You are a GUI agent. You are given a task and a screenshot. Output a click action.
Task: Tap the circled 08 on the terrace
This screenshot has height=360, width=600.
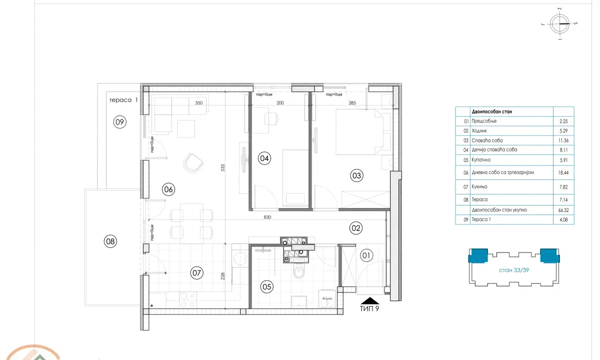pos(110,241)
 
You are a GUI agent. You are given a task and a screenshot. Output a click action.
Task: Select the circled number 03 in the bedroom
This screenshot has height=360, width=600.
pos(356,175)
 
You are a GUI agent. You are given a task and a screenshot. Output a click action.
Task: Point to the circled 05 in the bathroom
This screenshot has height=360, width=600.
pos(266,286)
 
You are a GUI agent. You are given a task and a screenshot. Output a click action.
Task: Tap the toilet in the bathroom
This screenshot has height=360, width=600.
pos(299,272)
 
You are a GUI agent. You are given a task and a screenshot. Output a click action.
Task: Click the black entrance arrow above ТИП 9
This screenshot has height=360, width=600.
pos(370,300)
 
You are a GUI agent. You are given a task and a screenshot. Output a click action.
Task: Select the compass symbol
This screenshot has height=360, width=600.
pos(560,23)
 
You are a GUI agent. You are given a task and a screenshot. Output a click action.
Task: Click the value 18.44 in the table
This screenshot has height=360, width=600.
pos(563,172)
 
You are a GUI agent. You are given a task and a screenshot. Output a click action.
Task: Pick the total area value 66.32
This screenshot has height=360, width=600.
pos(563,210)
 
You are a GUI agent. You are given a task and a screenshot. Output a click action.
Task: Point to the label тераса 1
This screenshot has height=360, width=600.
pos(123,100)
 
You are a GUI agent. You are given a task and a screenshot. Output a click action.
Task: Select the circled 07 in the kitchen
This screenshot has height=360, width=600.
pos(196,272)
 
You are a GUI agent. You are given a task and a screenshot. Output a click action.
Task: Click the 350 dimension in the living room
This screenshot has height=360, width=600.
pos(198,103)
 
